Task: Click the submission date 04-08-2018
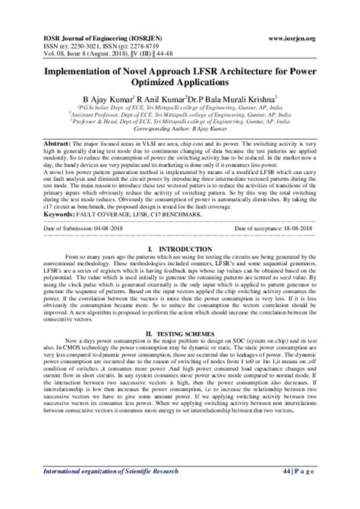(x=100, y=227)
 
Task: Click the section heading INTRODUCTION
(x=185, y=248)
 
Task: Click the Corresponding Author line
(x=179, y=130)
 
